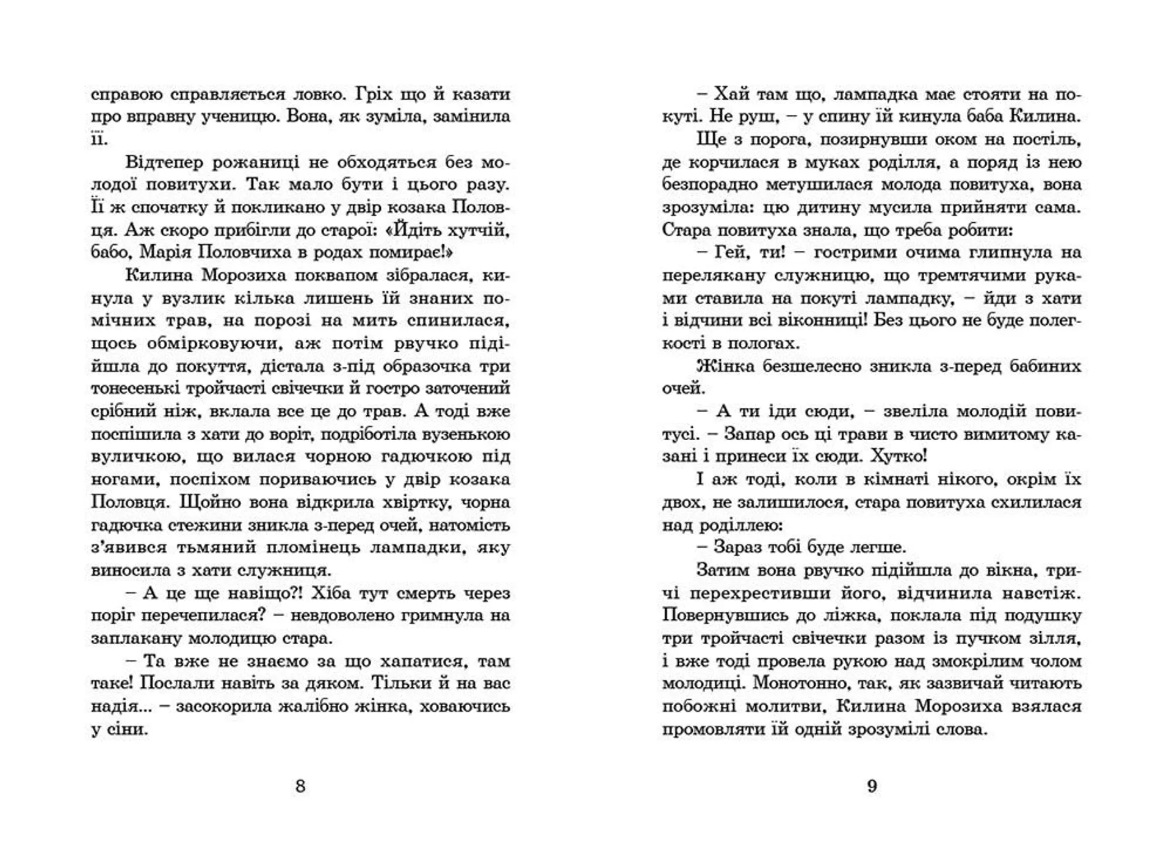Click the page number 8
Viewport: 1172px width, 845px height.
pos(300,786)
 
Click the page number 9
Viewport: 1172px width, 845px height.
pos(872,786)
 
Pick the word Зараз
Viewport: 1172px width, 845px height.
pos(738,548)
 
